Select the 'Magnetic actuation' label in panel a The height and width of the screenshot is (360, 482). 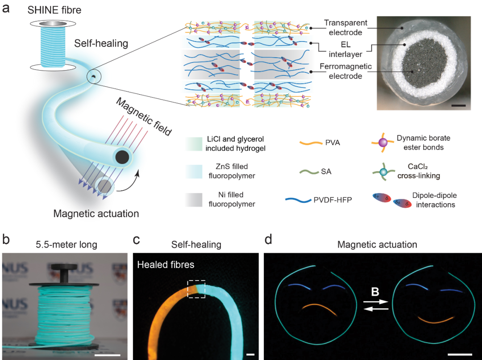point(96,213)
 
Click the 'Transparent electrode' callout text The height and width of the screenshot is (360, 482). point(345,27)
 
